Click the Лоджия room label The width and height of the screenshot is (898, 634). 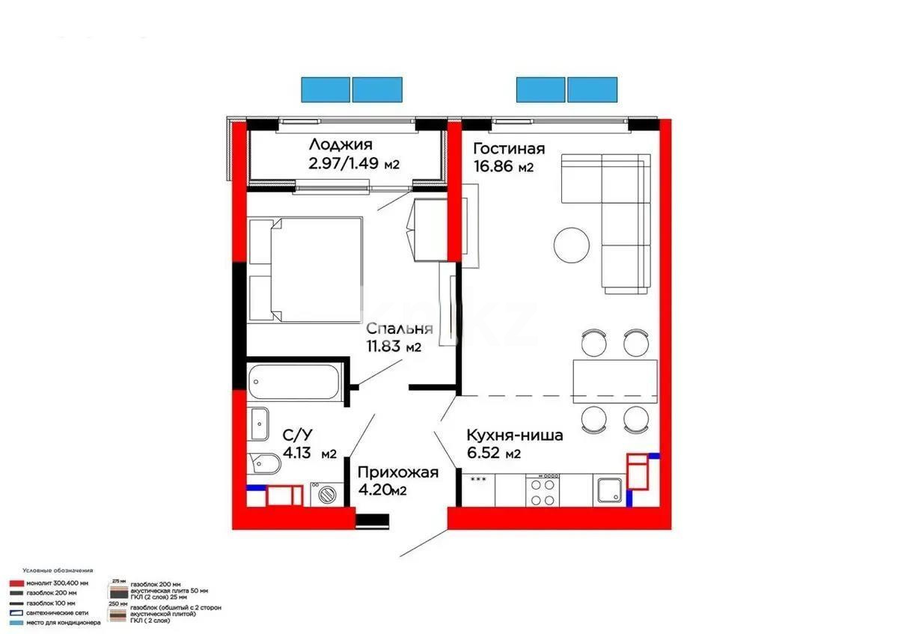[x=341, y=145]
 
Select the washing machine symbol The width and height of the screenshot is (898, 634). [x=326, y=494]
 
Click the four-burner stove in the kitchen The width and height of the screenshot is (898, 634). [x=543, y=490]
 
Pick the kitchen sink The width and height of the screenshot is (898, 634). [x=608, y=491]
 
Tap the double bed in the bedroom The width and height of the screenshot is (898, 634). [x=305, y=269]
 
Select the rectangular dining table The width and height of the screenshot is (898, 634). [x=614, y=377]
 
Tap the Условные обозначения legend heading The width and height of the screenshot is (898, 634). [x=58, y=570]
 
